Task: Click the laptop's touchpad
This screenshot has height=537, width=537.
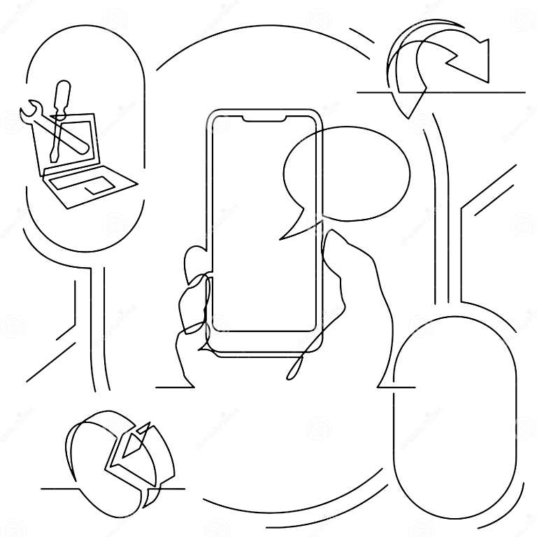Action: click(98, 185)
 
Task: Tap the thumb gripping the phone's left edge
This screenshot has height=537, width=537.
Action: click(192, 262)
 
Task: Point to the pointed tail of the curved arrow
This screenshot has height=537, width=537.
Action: click(410, 112)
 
